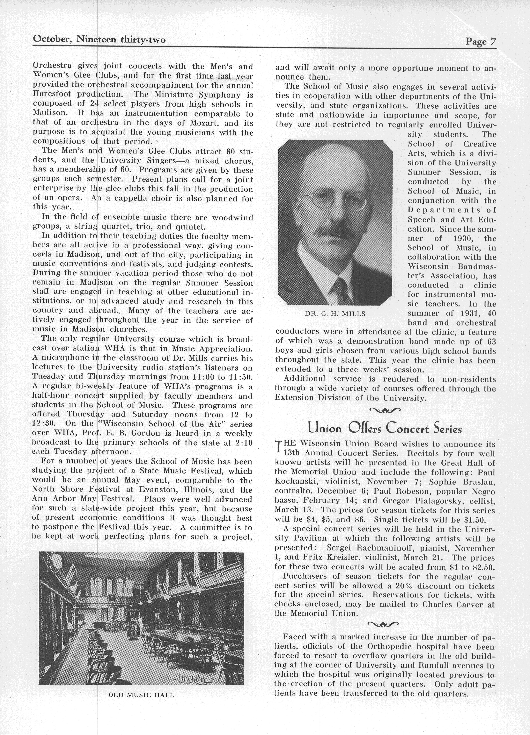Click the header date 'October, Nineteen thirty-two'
[99, 40]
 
